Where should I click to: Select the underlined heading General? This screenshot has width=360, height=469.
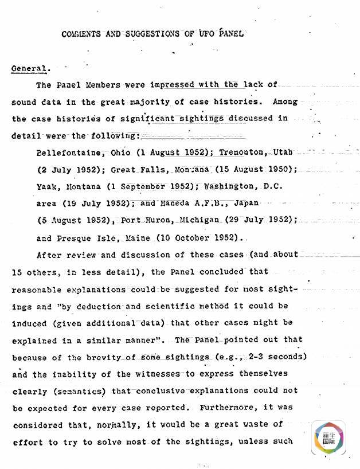click(x=29, y=69)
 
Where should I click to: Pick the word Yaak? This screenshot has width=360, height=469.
click(x=46, y=186)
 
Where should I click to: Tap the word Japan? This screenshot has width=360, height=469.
click(x=246, y=204)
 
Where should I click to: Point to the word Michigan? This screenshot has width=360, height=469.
click(x=198, y=220)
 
